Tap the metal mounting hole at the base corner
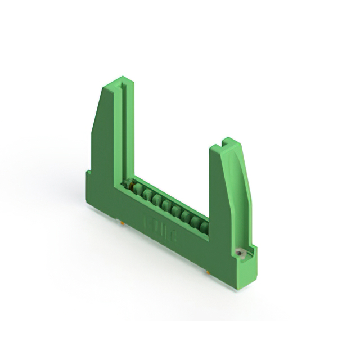[x=239, y=254]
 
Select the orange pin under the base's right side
[x=208, y=272]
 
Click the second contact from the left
[x=147, y=195]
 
